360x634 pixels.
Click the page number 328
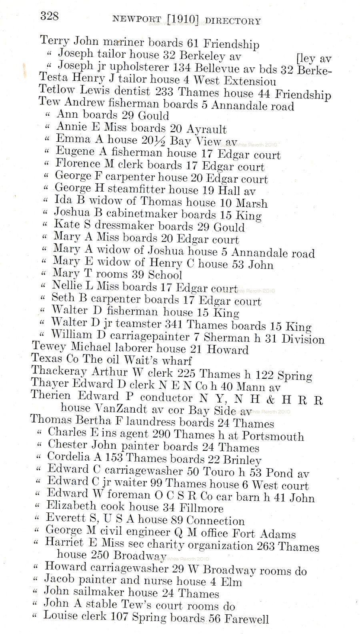coord(49,16)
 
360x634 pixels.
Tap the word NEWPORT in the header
coord(137,19)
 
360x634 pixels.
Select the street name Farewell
coord(246,619)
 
